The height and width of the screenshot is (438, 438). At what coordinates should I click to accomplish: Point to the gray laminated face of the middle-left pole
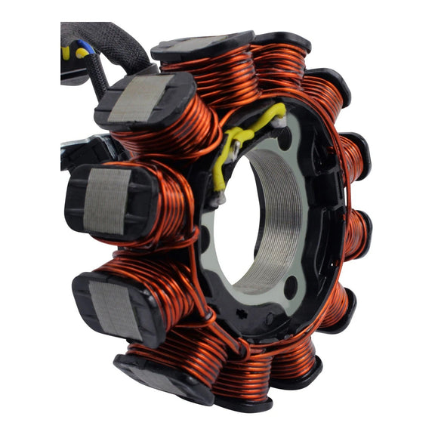tap(106, 199)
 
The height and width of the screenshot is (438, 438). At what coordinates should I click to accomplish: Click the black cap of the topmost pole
tap(202, 47)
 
